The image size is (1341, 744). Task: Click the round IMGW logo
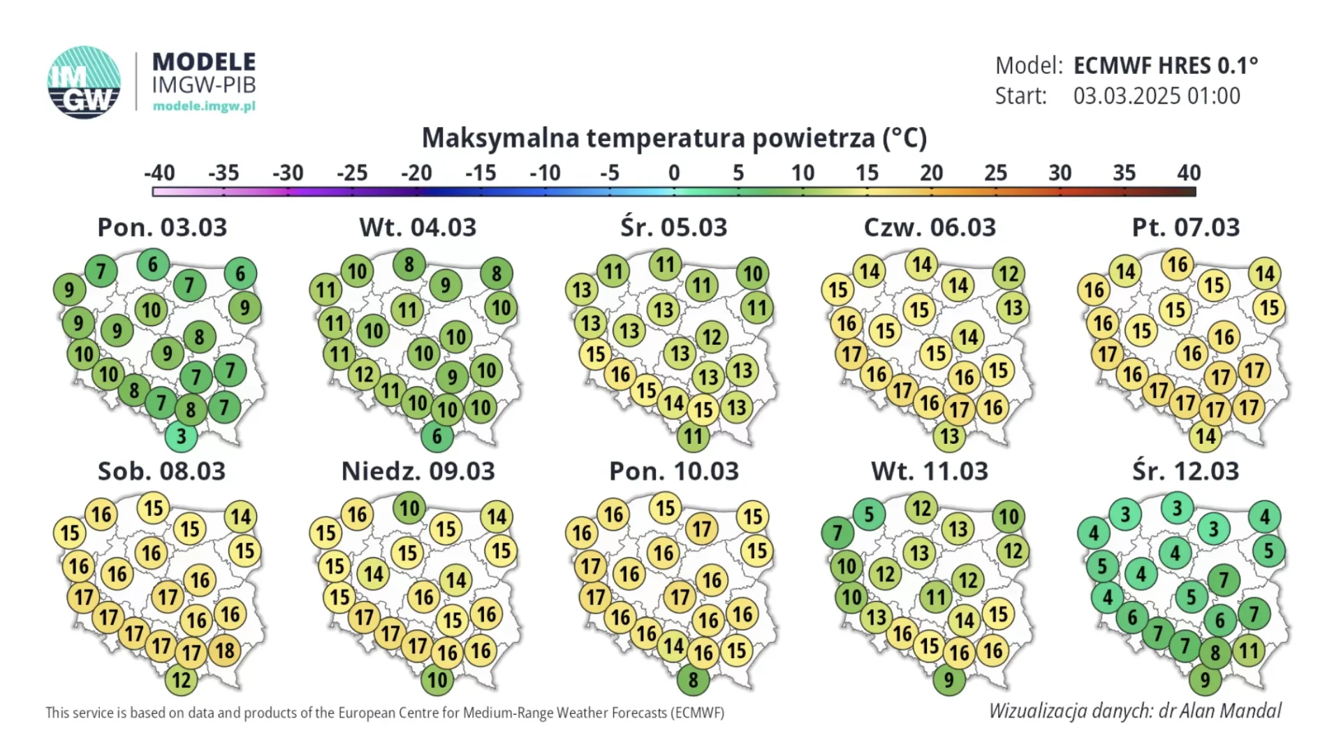[84, 82]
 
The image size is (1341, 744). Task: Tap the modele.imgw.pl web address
[204, 106]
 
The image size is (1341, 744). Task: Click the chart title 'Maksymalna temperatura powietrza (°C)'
[674, 138]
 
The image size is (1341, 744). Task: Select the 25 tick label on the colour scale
[995, 172]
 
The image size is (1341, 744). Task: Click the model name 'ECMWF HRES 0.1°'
[1166, 66]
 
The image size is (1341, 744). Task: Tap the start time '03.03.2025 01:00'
[1157, 96]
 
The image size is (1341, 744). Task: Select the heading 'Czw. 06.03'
[930, 228]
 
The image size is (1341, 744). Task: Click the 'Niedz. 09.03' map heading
[418, 471]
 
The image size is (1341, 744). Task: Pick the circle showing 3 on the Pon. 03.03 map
[181, 436]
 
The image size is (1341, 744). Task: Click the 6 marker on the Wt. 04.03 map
[437, 436]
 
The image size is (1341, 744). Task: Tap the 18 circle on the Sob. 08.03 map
[224, 650]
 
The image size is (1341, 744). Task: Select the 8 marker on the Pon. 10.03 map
[693, 680]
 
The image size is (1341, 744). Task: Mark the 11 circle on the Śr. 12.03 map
[1248, 650]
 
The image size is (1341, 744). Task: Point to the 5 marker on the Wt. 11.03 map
[869, 515]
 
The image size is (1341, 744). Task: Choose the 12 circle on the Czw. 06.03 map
[1009, 274]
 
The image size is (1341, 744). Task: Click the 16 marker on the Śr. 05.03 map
[621, 375]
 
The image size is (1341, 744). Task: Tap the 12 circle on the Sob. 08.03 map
[181, 680]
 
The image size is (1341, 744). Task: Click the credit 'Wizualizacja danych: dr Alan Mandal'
[1135, 710]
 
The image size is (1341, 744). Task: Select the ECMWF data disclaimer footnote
[385, 713]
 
